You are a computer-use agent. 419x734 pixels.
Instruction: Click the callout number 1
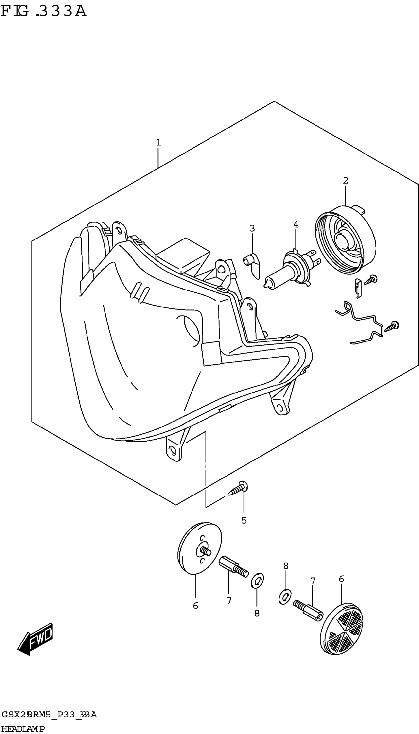(x=158, y=142)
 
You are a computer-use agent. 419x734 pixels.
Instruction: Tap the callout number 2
(x=345, y=181)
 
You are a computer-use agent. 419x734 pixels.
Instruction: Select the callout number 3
(x=252, y=228)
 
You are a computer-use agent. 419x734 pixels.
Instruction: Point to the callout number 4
(x=296, y=224)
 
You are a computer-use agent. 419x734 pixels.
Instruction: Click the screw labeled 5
(x=238, y=490)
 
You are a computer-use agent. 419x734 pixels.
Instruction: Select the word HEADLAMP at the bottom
(x=23, y=729)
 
